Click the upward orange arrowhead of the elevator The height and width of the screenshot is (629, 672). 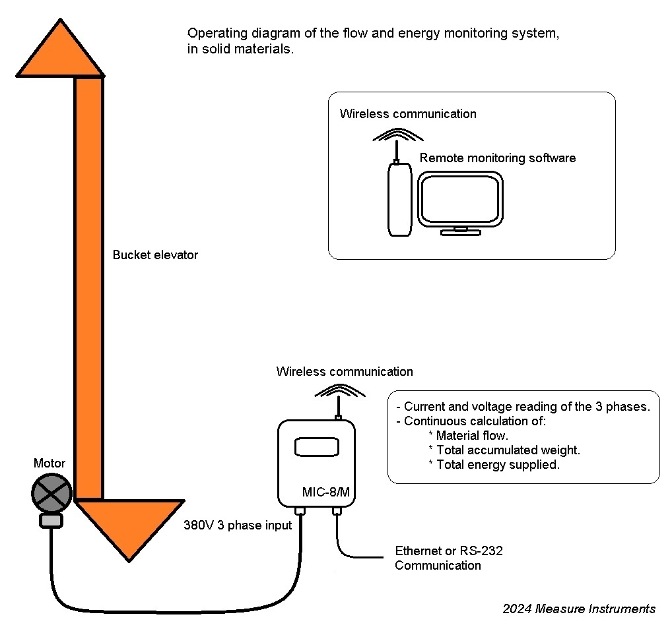click(x=60, y=53)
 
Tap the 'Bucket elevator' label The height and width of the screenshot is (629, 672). click(x=155, y=255)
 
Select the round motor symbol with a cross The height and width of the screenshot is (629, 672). click(x=51, y=493)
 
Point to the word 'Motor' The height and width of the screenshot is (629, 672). click(x=50, y=464)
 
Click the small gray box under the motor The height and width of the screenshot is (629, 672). click(x=51, y=521)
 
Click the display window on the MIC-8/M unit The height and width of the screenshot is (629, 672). click(x=317, y=446)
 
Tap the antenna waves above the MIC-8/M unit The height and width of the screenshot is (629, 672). click(x=339, y=391)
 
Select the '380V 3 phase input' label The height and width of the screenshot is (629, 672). click(x=238, y=526)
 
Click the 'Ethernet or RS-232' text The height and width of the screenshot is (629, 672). click(x=449, y=551)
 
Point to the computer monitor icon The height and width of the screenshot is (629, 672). click(x=461, y=201)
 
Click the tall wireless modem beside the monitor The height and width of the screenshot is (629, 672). click(x=399, y=199)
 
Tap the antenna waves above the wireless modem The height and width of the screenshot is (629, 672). click(x=397, y=136)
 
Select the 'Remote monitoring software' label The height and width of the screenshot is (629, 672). click(x=498, y=158)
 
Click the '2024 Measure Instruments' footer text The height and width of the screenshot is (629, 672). click(x=579, y=609)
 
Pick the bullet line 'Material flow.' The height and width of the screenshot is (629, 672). click(x=471, y=435)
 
